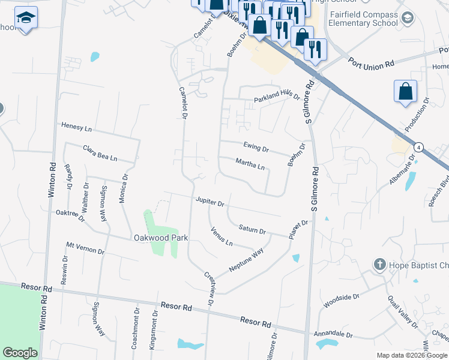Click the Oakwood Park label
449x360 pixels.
160,238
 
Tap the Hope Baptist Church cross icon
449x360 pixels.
379,265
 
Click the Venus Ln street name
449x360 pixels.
221,236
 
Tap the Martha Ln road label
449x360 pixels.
250,164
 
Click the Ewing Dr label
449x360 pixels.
256,146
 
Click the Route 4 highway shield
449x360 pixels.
418,146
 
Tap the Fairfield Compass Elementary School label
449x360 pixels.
363,19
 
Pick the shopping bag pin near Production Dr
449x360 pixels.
406,92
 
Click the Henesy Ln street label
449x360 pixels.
76,127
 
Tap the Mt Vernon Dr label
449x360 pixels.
85,248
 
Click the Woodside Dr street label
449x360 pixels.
341,301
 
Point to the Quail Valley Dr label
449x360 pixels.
402,311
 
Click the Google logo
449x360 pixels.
20,353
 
